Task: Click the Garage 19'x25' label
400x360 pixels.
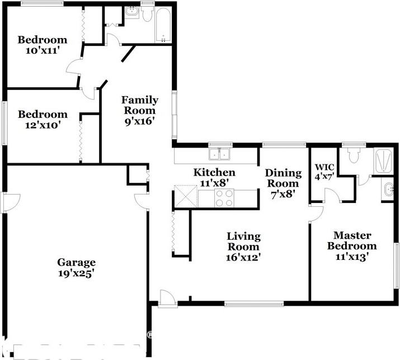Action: pyautogui.click(x=76, y=268)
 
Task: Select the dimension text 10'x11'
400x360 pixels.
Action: pyautogui.click(x=43, y=50)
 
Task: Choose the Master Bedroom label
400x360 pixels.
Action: pyautogui.click(x=352, y=241)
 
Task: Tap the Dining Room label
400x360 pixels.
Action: pyautogui.click(x=283, y=178)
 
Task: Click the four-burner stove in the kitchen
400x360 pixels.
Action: pyautogui.click(x=224, y=197)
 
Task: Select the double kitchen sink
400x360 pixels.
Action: pyautogui.click(x=220, y=154)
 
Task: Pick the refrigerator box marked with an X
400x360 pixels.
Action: pyautogui.click(x=184, y=196)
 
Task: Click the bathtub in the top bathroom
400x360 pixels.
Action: pyautogui.click(x=163, y=26)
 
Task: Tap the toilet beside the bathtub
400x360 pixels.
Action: pyautogui.click(x=147, y=14)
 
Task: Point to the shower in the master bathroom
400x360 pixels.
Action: pyautogui.click(x=384, y=160)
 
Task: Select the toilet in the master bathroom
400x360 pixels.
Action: pyautogui.click(x=353, y=155)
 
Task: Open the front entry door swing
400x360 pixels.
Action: pyautogui.click(x=166, y=299)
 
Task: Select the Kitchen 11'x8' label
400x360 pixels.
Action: pyautogui.click(x=214, y=177)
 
